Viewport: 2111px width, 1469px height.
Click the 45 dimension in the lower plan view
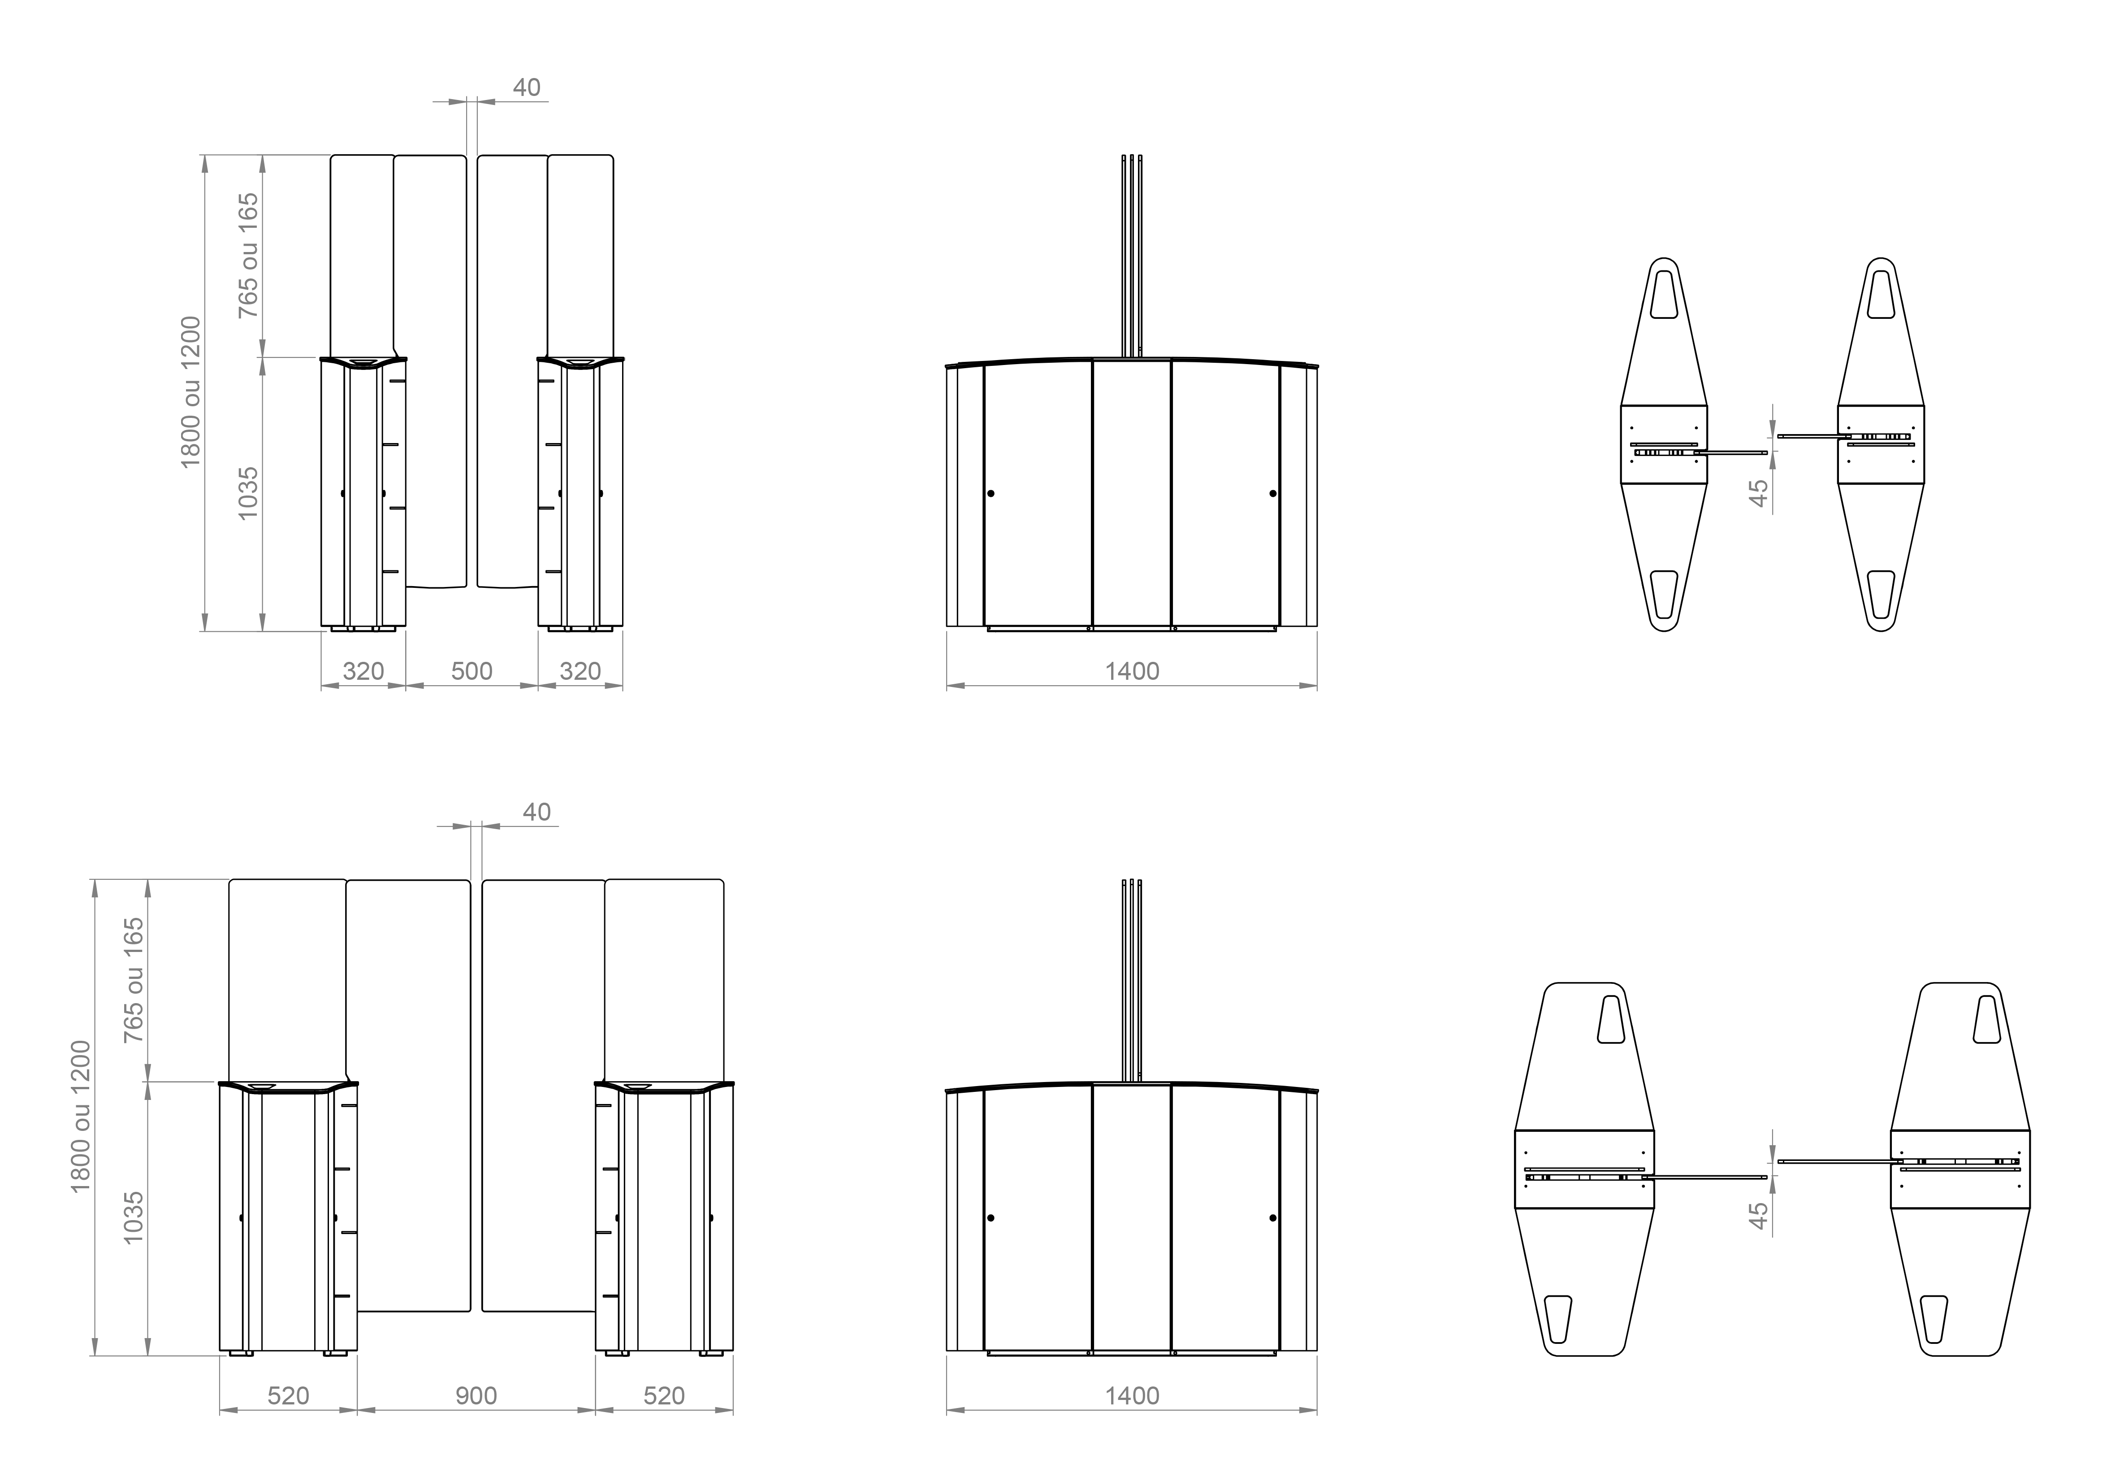1758,1217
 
